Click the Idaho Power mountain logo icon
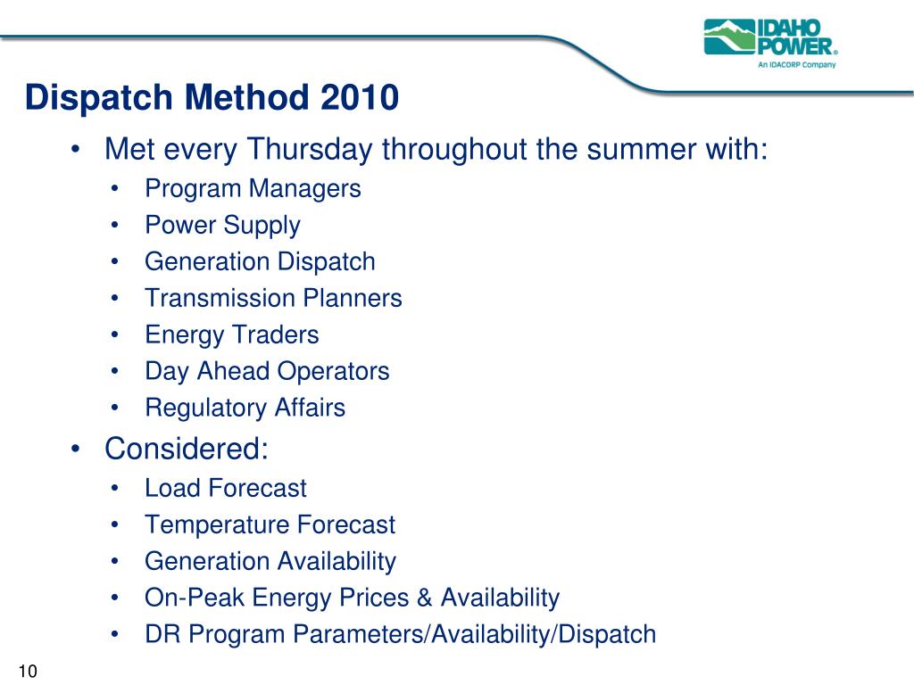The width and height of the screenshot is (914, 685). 729,37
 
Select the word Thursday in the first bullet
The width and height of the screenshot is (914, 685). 310,149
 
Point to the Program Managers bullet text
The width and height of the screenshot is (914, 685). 253,189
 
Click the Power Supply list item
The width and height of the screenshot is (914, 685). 222,226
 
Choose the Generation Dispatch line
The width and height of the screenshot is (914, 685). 260,261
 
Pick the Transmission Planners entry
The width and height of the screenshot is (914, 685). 273,298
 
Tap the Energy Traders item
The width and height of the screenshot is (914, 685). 232,335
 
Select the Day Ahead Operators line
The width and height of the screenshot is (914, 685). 267,371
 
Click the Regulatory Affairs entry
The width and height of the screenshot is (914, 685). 245,408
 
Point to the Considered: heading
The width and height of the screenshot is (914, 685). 187,449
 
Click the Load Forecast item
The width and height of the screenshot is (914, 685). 226,488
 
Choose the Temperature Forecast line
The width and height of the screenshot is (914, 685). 270,524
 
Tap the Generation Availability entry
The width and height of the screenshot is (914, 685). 270,562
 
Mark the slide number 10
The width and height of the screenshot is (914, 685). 28,671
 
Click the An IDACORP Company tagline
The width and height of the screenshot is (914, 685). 797,64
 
